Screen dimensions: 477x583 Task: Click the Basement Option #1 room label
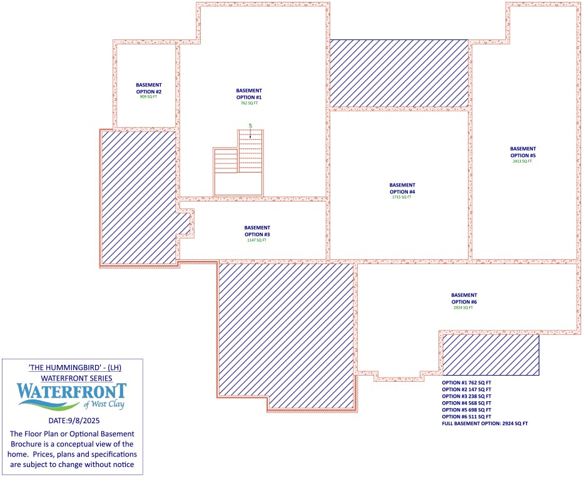point(249,94)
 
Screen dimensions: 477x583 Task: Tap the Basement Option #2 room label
point(149,88)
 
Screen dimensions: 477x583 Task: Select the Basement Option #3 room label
point(257,231)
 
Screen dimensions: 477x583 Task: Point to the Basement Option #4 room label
point(402,188)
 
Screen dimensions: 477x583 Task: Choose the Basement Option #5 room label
point(523,152)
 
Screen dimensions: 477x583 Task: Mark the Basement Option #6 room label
point(464,299)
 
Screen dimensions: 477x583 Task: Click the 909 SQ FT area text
point(149,97)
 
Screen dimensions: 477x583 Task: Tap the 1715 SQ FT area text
point(402,197)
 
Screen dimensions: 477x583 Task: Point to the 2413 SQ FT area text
point(522,162)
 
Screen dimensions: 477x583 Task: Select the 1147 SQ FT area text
point(257,240)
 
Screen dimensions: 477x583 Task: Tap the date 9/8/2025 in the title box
point(74,421)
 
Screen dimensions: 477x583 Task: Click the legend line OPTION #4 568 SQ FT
point(467,403)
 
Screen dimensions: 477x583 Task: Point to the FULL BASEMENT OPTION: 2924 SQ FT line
point(485,424)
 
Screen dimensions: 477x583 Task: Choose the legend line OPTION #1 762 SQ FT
point(467,382)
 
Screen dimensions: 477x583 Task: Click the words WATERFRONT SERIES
point(74,378)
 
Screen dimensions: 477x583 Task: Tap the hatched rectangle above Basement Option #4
point(399,73)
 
